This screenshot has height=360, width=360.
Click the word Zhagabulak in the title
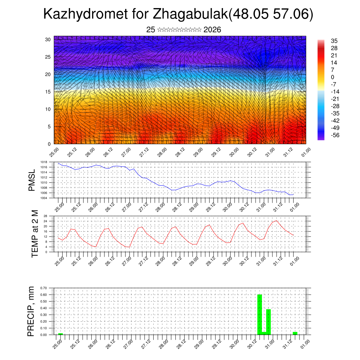point(190,14)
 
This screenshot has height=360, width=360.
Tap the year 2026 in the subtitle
point(212,30)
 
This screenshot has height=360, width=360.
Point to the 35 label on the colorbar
point(334,41)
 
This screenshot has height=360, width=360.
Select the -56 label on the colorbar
point(335,135)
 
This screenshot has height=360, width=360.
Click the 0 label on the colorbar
point(333,77)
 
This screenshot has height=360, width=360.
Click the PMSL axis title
point(32,180)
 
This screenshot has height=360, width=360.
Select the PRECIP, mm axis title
point(31,311)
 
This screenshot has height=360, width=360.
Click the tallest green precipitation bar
point(260,314)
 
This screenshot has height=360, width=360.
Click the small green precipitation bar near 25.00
point(60,334)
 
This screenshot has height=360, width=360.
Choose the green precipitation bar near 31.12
point(295,333)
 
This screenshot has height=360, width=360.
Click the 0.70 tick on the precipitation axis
point(44,288)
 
